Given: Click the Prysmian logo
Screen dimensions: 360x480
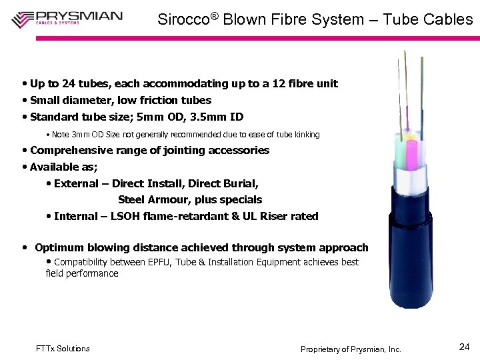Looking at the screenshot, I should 67,18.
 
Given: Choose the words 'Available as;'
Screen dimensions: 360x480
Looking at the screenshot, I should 64,167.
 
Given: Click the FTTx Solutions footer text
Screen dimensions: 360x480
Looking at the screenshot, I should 63,349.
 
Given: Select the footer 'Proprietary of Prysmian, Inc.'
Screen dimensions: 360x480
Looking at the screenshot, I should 351,349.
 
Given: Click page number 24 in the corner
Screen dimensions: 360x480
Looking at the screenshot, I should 465,347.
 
